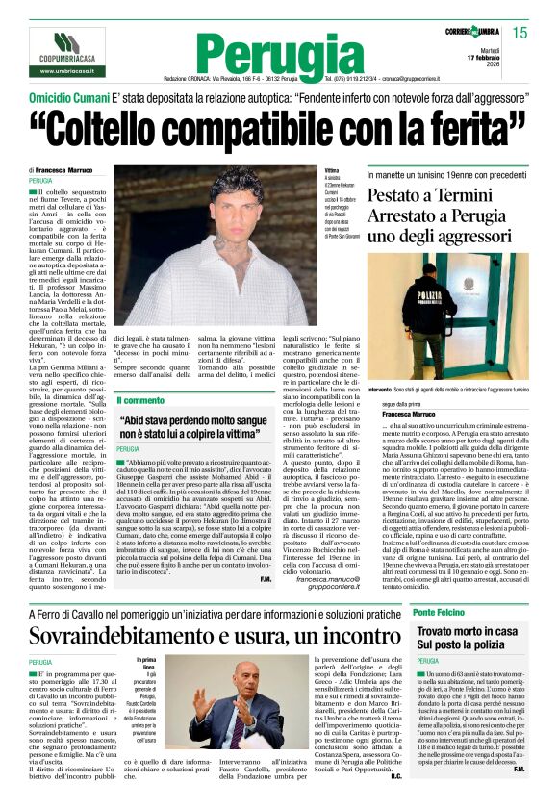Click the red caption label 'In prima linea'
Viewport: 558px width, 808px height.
click(x=147, y=665)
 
